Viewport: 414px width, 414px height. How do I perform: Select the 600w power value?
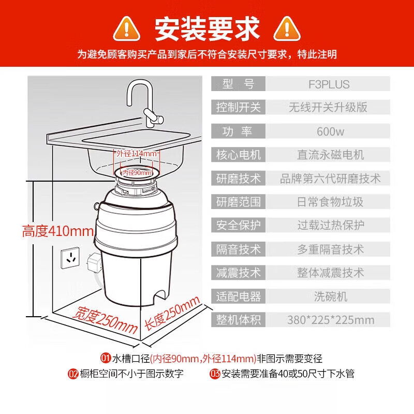[330, 131]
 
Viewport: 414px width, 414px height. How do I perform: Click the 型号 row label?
[239, 84]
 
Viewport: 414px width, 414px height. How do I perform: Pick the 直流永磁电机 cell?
[330, 155]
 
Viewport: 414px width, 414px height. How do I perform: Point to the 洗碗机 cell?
[330, 297]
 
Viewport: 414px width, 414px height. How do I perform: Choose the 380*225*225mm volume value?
[330, 320]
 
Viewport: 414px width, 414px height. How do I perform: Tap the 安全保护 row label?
[239, 226]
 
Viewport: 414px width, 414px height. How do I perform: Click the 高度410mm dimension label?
[50, 231]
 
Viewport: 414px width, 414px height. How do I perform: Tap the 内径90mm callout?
[137, 172]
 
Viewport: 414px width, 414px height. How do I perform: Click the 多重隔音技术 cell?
[330, 249]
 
